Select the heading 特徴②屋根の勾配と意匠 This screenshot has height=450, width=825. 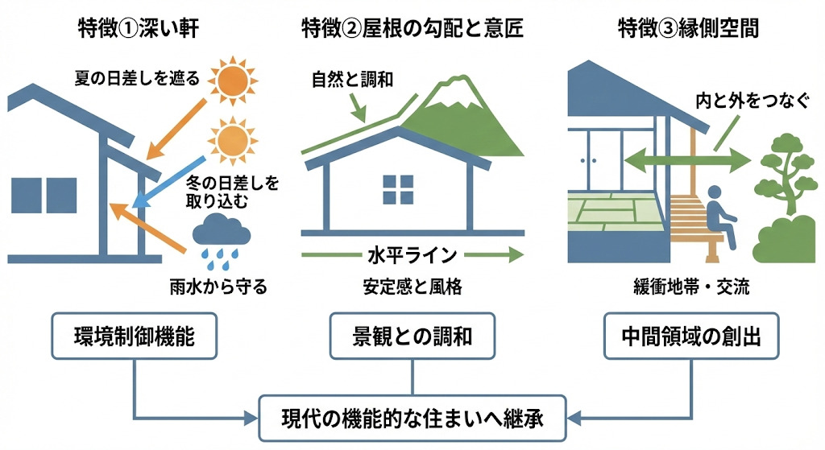coord(412,30)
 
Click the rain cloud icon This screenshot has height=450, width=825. coord(219,238)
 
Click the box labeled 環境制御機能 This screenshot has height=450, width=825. coord(134,336)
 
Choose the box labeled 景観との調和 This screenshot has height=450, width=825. coord(412,336)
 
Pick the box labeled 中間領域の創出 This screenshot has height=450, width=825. coord(692,336)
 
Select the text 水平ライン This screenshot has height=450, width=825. coord(412,255)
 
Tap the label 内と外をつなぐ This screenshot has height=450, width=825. coord(742,102)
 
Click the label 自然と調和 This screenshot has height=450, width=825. coord(347,80)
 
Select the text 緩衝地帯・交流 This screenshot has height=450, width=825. coord(691,287)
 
